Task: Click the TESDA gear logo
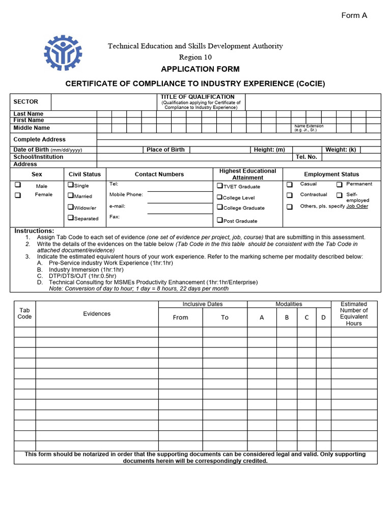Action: point(63,52)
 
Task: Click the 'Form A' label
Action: point(354,15)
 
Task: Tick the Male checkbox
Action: point(18,185)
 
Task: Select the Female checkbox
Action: point(18,195)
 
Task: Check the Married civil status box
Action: point(71,195)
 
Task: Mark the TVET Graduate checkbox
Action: point(220,186)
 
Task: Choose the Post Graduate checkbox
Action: point(220,220)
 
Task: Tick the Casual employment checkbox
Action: point(289,184)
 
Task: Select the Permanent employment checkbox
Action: point(339,184)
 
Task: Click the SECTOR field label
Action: point(25,102)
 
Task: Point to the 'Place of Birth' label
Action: point(165,150)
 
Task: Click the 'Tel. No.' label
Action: point(306,157)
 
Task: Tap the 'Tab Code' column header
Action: point(24,313)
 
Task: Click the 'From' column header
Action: point(180,317)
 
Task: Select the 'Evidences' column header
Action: point(97,314)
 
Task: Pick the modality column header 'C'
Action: point(306,317)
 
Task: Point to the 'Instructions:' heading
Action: point(34,230)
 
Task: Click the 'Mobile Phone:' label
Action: point(126,194)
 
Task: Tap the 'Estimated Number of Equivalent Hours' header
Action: point(354,313)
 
